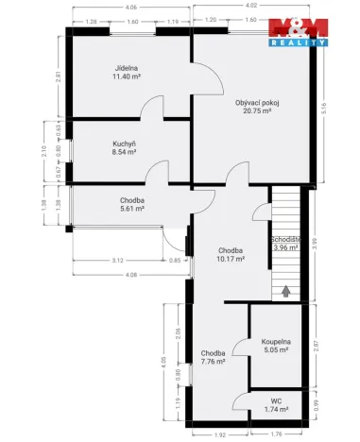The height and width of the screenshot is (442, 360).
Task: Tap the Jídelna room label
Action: coord(127,69)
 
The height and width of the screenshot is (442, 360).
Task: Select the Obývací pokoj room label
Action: coord(253,102)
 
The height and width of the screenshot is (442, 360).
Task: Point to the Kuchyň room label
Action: coord(126,144)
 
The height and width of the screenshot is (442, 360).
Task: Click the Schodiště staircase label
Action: coord(285,240)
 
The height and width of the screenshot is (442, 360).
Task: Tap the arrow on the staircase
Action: coord(285,292)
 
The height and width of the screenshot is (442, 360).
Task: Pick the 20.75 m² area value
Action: coord(253,111)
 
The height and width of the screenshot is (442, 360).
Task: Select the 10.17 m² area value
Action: coord(230,260)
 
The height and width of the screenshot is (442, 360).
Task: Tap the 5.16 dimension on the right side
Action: coord(324,109)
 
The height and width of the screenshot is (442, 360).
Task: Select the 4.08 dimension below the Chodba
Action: coord(130,275)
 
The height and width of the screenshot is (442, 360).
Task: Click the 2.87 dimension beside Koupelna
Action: coord(317,347)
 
